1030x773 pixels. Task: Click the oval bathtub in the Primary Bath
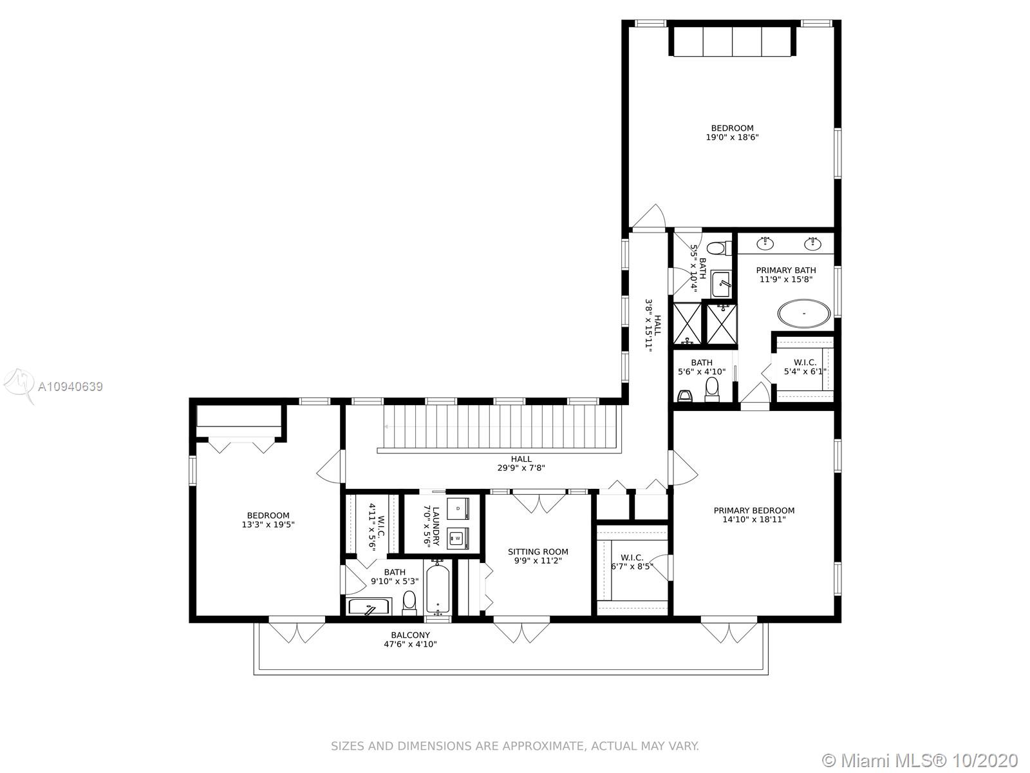pos(804,313)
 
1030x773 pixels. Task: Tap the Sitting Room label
pos(538,551)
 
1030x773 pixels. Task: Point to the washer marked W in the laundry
pos(458,539)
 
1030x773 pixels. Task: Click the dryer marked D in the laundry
pos(458,509)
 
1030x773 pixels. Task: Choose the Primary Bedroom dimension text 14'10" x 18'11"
pos(754,520)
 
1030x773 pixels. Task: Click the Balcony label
pos(410,635)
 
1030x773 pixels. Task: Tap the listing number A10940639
pos(70,386)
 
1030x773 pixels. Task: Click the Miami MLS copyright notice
pos(920,759)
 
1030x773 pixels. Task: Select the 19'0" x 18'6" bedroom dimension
pos(732,137)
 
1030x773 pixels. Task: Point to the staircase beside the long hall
pos(501,427)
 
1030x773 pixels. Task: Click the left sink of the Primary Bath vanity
pos(766,243)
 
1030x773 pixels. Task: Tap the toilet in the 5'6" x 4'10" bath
pos(712,390)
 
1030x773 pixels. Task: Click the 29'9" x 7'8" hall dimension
pos(521,468)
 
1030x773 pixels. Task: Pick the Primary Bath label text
pos(785,270)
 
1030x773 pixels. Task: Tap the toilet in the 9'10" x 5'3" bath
pos(409,602)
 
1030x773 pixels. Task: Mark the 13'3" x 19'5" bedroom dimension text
pos(268,524)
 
